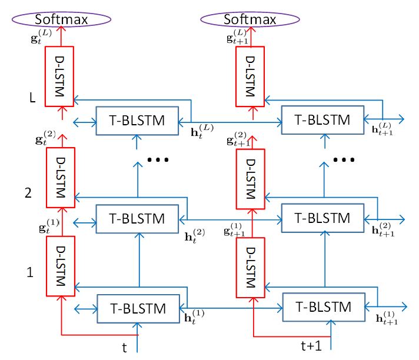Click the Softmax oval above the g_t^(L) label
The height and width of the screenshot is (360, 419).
(x=61, y=20)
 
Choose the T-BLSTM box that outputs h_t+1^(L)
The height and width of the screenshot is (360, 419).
(x=323, y=119)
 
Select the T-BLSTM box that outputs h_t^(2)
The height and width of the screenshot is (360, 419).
(x=137, y=218)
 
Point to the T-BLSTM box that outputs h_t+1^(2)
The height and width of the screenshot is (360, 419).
(x=323, y=218)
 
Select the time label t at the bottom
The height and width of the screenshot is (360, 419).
(x=124, y=347)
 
